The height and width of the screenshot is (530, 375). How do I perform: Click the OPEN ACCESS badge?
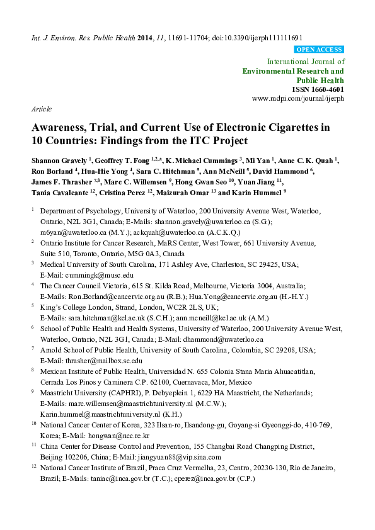click(319, 50)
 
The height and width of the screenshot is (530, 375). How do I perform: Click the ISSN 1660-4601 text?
click(319, 90)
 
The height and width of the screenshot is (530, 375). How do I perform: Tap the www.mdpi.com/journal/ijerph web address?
click(297, 99)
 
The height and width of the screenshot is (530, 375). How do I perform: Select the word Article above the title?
click(42, 109)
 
